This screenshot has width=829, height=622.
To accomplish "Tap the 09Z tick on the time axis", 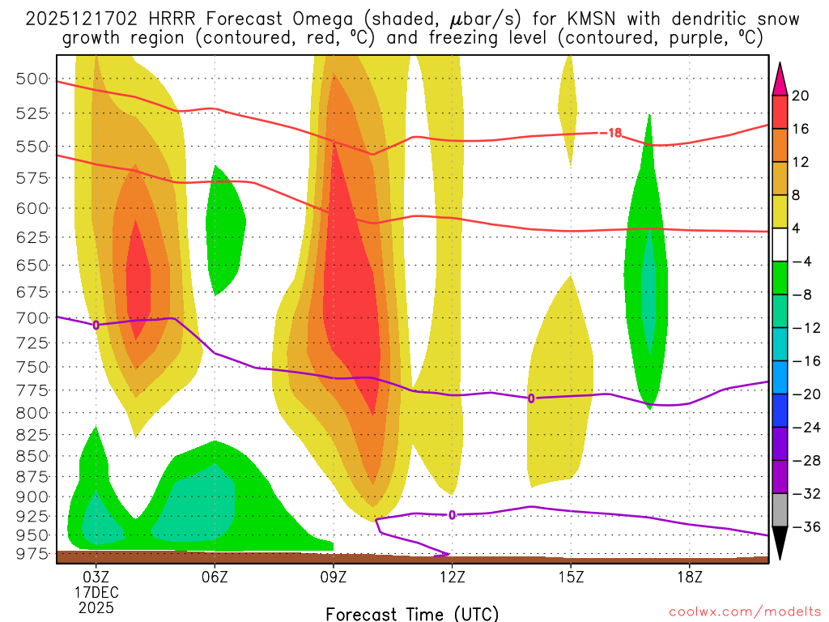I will (x=334, y=577).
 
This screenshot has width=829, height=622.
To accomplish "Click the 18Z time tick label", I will (x=689, y=577).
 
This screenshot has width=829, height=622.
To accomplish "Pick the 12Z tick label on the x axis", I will (x=452, y=577).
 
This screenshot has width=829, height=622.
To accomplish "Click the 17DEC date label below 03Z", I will (x=96, y=593).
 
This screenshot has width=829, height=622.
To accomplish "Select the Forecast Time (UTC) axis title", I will (x=412, y=613).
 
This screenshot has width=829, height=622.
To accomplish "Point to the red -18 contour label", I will (x=611, y=133).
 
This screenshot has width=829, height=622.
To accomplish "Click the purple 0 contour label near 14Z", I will (x=531, y=398).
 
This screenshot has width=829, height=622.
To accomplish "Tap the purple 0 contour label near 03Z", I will (x=96, y=325).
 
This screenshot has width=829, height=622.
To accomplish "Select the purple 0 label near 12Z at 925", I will (x=452, y=514).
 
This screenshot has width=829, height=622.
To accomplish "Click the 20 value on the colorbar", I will (x=801, y=96).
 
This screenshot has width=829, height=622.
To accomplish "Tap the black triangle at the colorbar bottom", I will (x=780, y=543).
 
